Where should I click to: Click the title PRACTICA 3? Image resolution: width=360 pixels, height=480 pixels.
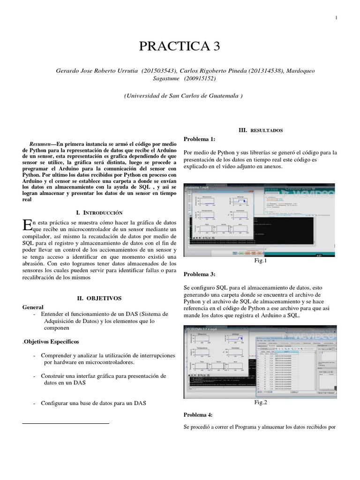click(180, 46)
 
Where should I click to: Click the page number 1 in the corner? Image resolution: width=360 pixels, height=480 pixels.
click(337, 18)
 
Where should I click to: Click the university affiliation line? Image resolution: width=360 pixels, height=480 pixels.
click(183, 96)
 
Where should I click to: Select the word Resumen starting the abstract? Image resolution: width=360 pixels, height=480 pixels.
click(39, 145)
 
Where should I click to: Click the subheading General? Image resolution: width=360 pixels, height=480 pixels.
click(33, 307)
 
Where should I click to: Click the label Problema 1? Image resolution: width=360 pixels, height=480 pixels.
click(199, 139)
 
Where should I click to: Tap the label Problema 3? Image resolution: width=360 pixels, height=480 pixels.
click(199, 274)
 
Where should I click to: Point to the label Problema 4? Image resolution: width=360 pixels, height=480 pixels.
click(199, 415)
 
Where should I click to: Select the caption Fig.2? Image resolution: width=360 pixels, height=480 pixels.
click(261, 402)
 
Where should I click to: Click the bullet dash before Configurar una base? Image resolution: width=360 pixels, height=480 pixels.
click(36, 403)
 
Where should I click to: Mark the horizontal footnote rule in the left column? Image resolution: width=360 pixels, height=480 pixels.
click(66, 423)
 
